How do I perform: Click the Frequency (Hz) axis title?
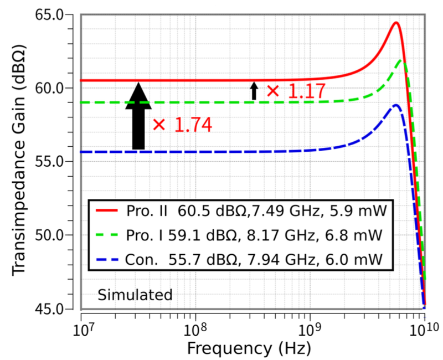(249, 348)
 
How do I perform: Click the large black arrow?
(138, 116)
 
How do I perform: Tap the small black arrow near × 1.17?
(254, 91)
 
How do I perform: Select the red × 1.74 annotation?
(182, 125)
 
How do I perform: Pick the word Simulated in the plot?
(135, 295)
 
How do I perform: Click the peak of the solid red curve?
(396, 23)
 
